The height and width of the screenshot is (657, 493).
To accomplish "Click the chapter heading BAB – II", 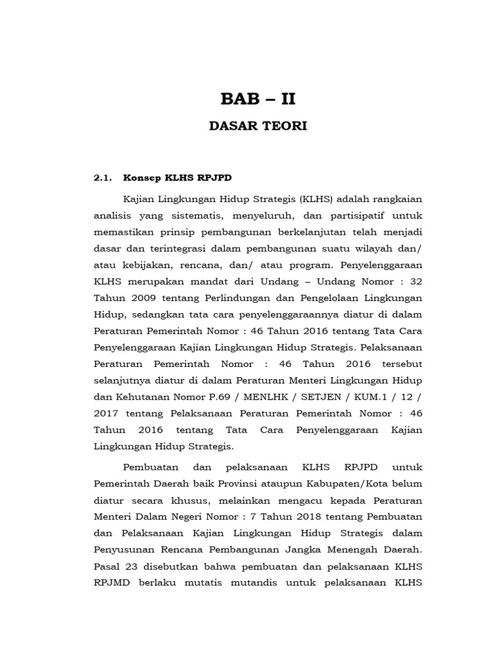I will pyautogui.click(x=259, y=99).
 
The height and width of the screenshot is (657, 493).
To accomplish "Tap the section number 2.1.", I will pyautogui.click(x=103, y=178).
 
